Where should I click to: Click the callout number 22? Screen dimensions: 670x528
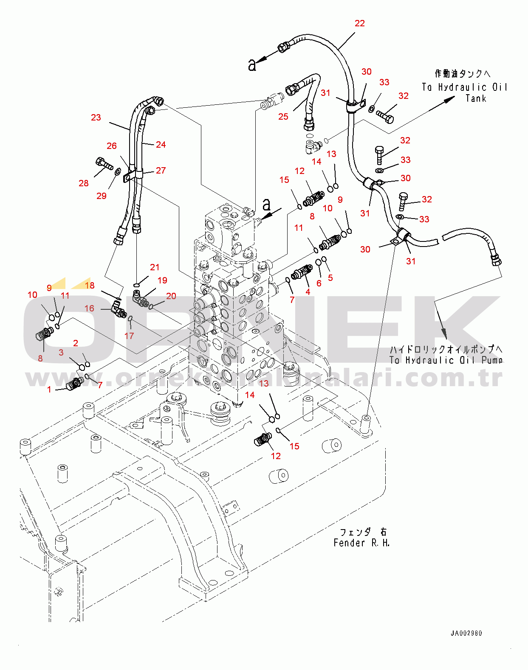tap(359, 23)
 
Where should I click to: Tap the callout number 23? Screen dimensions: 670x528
tap(96, 118)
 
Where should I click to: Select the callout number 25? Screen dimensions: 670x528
tap(283, 117)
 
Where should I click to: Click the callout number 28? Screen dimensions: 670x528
tap(84, 183)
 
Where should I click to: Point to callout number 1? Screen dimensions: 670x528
tap(49, 390)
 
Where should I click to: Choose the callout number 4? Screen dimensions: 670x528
tap(308, 292)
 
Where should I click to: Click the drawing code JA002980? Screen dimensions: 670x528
tap(466, 634)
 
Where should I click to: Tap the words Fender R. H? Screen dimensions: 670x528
tap(361, 543)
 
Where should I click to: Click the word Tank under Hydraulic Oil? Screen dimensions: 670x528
tap(476, 98)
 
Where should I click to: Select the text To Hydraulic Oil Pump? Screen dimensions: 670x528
tap(446, 360)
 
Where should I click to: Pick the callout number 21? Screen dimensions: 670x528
tap(155, 267)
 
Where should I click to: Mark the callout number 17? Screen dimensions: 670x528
tap(129, 336)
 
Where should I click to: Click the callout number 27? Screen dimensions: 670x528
tap(161, 171)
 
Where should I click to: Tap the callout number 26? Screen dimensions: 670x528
tap(112, 146)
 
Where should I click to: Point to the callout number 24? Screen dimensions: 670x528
tap(161, 145)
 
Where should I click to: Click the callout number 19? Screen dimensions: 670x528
tap(162, 280)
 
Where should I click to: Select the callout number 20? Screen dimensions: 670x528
tap(171, 296)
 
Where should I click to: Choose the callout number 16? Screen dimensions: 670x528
tap(89, 308)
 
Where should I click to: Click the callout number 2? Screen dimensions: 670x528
tap(76, 343)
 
